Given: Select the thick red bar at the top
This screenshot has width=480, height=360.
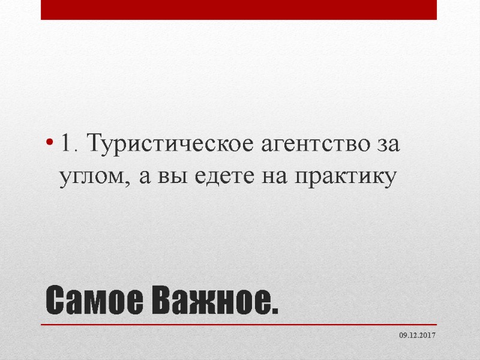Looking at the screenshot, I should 239,10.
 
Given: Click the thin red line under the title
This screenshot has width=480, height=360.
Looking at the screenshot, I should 239,325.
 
